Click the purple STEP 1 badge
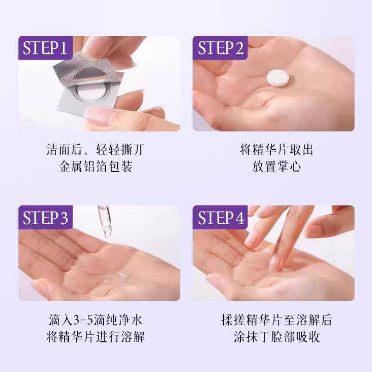45,48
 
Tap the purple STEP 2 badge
220,48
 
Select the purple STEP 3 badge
45,217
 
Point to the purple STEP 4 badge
220,217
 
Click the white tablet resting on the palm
278,77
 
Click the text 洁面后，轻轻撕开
95,150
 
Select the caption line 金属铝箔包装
96,166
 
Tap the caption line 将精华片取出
276,150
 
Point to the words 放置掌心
277,166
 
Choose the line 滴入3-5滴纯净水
95,319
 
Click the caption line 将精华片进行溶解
95,336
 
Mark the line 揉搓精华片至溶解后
277,319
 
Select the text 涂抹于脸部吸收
277,336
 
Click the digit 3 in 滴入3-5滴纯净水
76,320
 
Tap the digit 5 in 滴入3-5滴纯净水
90,320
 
